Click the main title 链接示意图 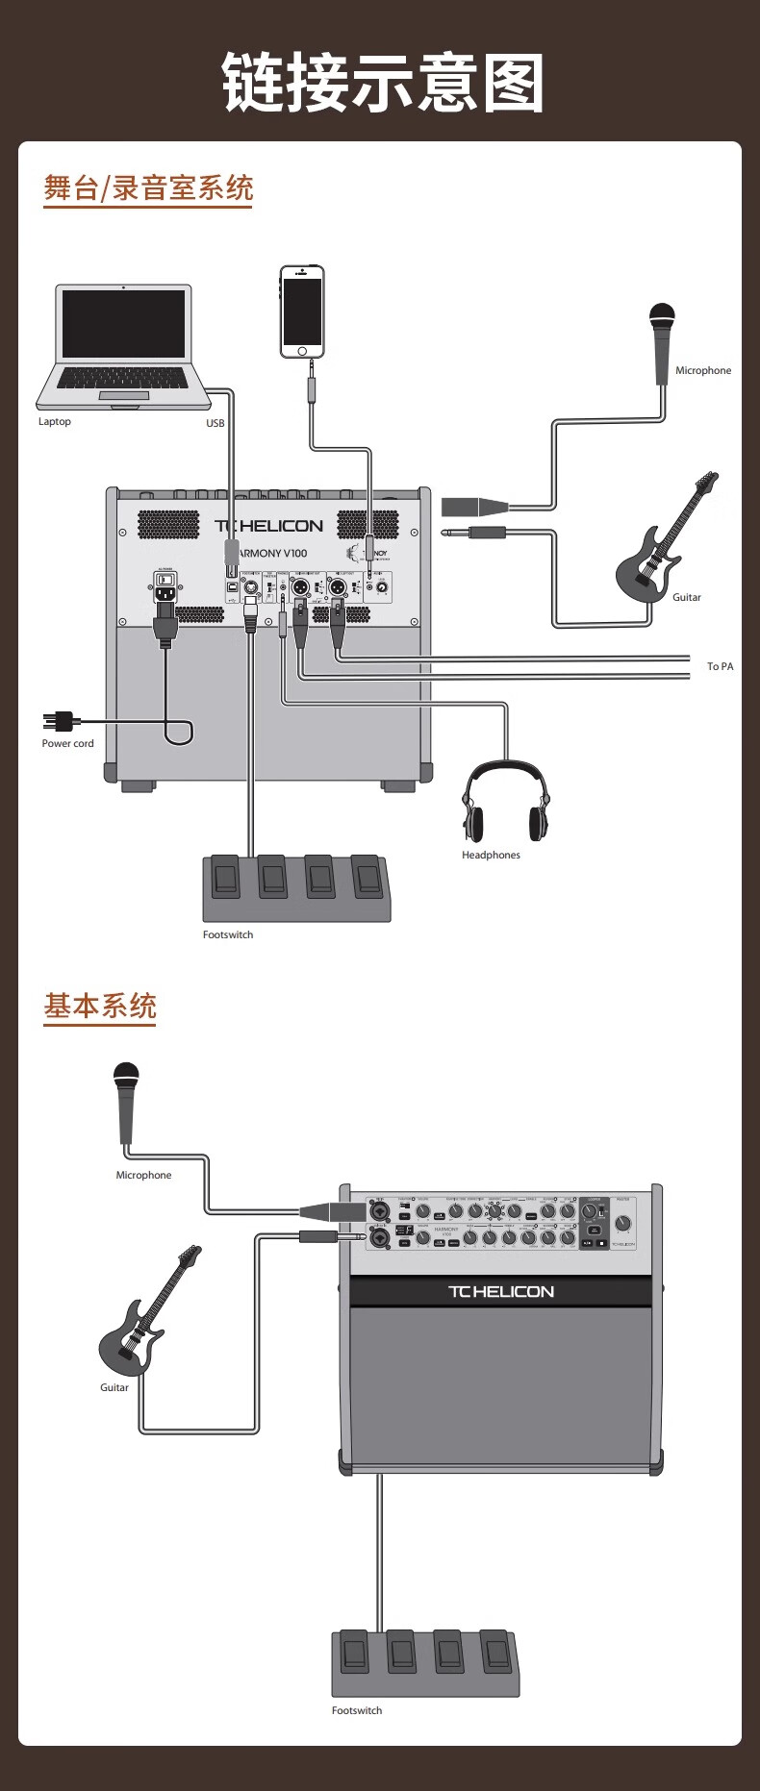[383, 83]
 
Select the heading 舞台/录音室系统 [148, 187]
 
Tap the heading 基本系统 [99, 1006]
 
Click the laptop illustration [123, 345]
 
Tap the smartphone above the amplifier [302, 311]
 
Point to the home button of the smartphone [302, 351]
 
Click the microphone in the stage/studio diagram [662, 341]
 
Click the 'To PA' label [720, 666]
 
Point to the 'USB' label [215, 423]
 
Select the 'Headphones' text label [491, 855]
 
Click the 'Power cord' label [68, 743]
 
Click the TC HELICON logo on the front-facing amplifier [501, 1291]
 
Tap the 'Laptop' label [55, 421]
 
